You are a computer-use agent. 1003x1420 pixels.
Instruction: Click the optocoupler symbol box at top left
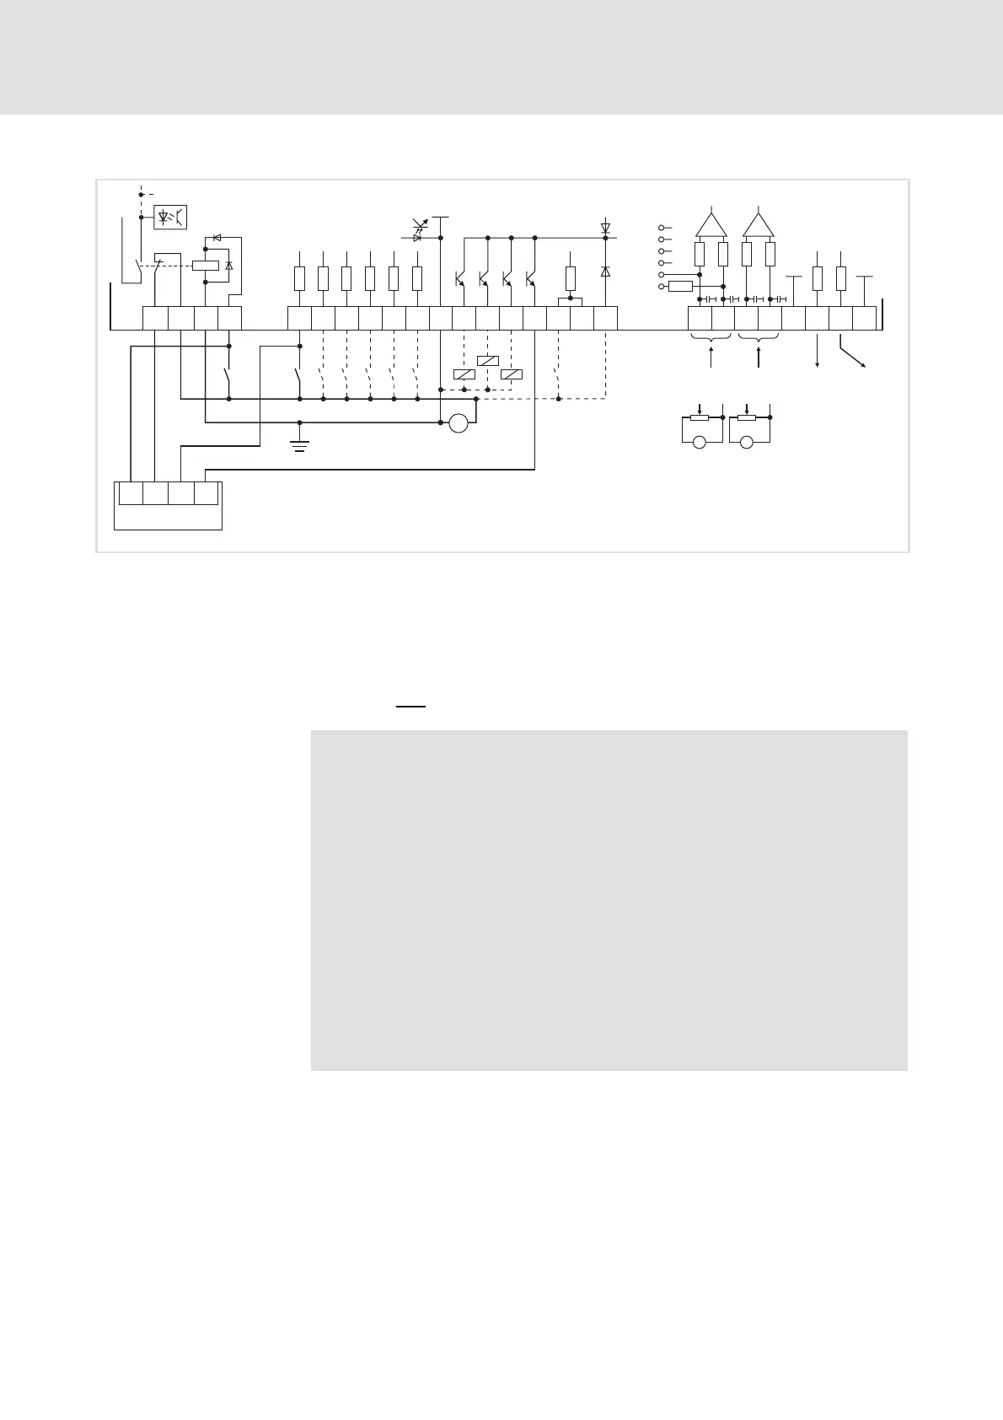[x=170, y=217]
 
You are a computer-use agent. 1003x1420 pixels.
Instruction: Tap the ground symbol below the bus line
[x=300, y=444]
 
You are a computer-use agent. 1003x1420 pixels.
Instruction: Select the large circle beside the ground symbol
[x=459, y=423]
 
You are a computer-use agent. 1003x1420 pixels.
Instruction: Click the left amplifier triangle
[x=711, y=224]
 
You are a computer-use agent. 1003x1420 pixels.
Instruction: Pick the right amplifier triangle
[x=759, y=224]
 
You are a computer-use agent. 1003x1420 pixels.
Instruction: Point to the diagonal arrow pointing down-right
[x=853, y=353]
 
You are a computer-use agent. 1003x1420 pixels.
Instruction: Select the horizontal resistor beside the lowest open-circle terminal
[x=680, y=287]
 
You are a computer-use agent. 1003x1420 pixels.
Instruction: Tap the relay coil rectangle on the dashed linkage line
[x=206, y=265]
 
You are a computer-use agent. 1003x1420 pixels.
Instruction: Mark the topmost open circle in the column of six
[x=662, y=228]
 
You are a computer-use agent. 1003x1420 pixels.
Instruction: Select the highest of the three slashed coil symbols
[x=487, y=361]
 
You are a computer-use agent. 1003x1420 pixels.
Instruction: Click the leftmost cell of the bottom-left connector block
[x=131, y=492]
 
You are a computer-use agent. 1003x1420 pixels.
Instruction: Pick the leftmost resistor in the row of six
[x=299, y=278]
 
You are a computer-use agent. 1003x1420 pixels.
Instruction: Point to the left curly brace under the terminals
[x=711, y=339]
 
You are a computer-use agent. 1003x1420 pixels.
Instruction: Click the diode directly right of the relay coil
[x=229, y=266]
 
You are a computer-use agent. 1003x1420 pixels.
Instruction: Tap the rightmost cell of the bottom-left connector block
[x=206, y=492]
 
